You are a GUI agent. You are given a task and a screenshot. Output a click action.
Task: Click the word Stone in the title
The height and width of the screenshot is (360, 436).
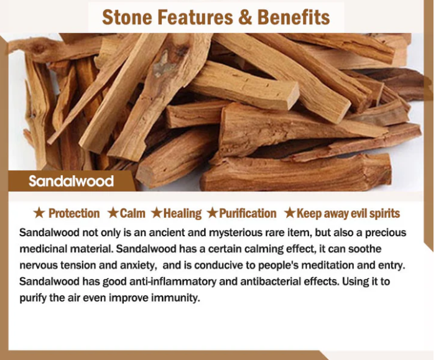click(x=127, y=17)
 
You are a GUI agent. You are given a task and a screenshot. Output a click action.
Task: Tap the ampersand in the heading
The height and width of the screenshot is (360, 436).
click(x=245, y=17)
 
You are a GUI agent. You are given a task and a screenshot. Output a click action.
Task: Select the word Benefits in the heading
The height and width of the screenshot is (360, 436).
click(x=294, y=17)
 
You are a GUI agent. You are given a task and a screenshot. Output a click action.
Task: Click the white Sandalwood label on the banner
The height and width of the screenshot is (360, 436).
click(x=71, y=181)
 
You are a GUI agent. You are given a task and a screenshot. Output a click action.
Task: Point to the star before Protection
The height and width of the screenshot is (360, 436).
click(x=39, y=213)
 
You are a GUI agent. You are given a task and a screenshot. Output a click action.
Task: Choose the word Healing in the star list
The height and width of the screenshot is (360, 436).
click(x=182, y=214)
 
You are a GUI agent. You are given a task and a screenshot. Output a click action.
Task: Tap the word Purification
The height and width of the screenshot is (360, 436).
click(x=248, y=213)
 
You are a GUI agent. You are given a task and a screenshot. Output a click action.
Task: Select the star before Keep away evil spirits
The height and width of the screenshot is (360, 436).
click(x=290, y=213)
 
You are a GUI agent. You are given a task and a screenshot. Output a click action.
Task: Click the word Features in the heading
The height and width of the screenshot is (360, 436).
click(x=195, y=17)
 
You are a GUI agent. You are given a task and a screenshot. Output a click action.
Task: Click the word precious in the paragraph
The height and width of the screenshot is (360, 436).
click(x=386, y=233)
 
